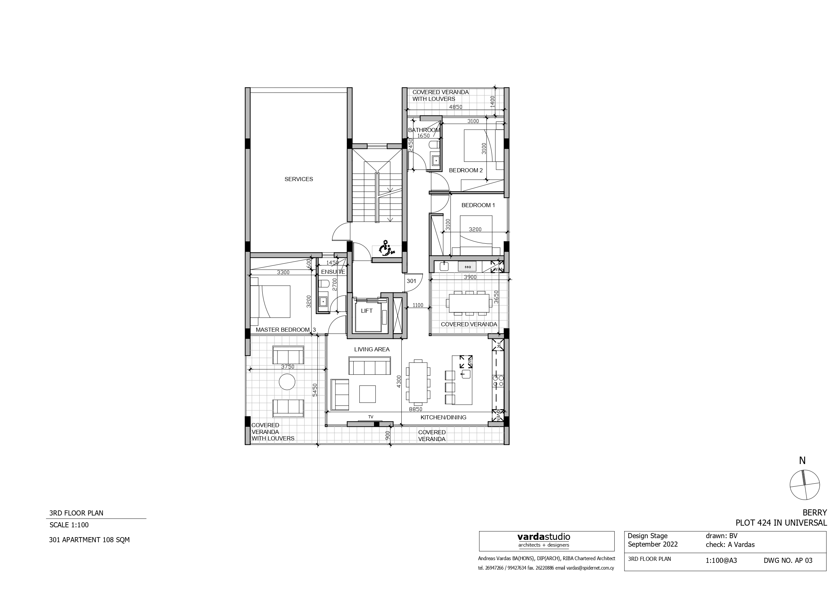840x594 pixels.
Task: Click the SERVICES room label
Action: [x=299, y=179]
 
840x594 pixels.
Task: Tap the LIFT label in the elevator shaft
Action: [x=367, y=311]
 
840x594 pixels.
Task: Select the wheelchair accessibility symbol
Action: [x=384, y=248]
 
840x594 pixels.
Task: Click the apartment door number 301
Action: [x=411, y=281]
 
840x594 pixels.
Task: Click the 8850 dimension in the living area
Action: [x=415, y=409]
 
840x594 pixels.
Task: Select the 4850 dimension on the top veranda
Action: [x=456, y=107]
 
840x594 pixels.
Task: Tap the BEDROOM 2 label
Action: [x=465, y=170]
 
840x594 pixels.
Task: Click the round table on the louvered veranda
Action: [x=287, y=382]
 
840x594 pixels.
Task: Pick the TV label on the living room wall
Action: [x=371, y=417]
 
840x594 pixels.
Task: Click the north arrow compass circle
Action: [x=804, y=485]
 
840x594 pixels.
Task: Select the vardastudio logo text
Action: [x=543, y=537]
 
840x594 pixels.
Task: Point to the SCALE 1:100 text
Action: [x=69, y=525]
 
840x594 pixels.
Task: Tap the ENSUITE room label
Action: [x=333, y=272]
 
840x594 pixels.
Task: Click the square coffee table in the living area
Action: [x=367, y=394]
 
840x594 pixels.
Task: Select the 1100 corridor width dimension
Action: [x=417, y=305]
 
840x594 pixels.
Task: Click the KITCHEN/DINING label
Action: [x=443, y=417]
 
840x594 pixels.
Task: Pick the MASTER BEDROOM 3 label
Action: [x=285, y=330]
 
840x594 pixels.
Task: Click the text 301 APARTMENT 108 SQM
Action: [x=89, y=540]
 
